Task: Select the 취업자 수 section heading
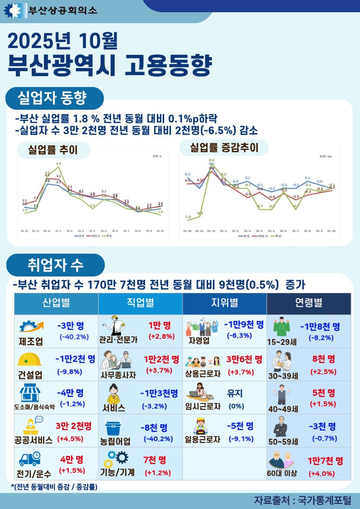55,263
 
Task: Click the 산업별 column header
56,303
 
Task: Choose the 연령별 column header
309,303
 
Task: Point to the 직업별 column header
140,303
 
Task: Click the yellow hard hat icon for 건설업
29,359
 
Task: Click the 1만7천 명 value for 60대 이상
325,461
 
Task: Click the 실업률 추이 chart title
53,150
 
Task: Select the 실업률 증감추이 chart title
224,147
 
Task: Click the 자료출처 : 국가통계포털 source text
303,500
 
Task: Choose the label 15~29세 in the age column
282,341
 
